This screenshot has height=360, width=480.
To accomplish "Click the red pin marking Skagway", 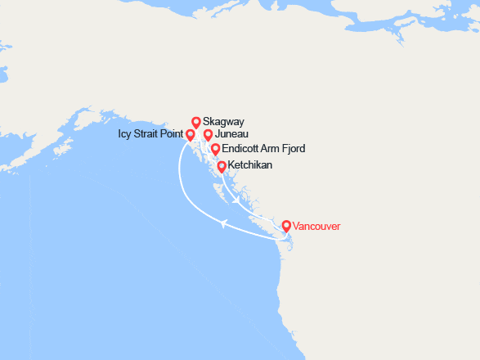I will coord(196,122).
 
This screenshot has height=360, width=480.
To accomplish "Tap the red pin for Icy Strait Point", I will coord(191,135).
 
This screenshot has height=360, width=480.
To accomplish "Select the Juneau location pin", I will coord(208,135).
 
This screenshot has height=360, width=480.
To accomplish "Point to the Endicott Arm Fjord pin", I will coord(215,149).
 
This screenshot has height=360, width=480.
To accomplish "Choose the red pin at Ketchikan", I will coord(222,166).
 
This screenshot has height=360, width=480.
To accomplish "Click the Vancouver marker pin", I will coord(285,226).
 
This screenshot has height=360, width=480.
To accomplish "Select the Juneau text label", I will coord(231,134).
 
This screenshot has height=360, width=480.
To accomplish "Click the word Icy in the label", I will coord(114,134).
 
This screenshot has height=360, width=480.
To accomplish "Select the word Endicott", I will coord(243,150).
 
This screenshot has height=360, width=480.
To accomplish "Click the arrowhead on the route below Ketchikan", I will coord(236,199).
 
